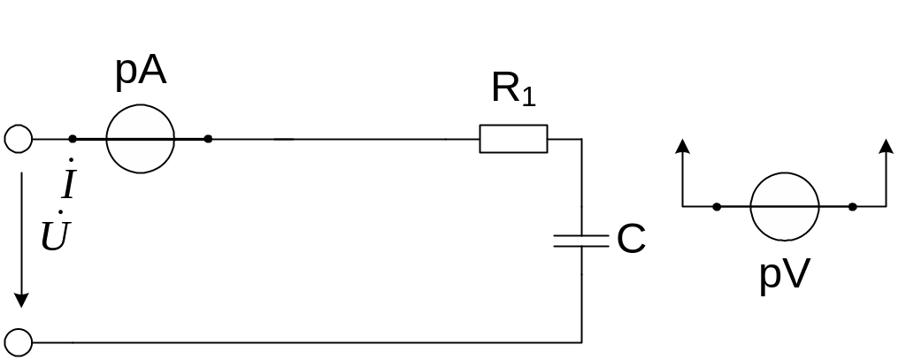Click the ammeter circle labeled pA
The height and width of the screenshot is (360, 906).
[x=140, y=139]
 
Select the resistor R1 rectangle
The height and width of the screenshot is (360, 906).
[x=513, y=139]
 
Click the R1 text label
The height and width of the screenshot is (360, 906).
[x=513, y=90]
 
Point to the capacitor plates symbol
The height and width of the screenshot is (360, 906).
[x=581, y=240]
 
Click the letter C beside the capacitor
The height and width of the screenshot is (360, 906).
[x=631, y=240]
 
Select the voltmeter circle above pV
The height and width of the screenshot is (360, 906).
[x=784, y=207]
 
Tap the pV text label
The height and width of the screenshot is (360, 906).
[x=784, y=276]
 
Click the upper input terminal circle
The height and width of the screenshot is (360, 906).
[x=18, y=139]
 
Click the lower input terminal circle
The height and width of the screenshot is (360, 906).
[x=18, y=341]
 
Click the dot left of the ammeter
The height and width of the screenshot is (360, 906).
[x=73, y=139]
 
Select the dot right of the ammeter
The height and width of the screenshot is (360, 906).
[x=208, y=139]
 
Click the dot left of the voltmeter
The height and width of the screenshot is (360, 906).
[x=716, y=207]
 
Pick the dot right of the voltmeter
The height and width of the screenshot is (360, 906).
[x=852, y=207]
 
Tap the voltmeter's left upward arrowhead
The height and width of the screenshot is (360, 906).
[x=682, y=147]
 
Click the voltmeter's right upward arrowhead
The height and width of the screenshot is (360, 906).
[x=886, y=147]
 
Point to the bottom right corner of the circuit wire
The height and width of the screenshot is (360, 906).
[x=581, y=341]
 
